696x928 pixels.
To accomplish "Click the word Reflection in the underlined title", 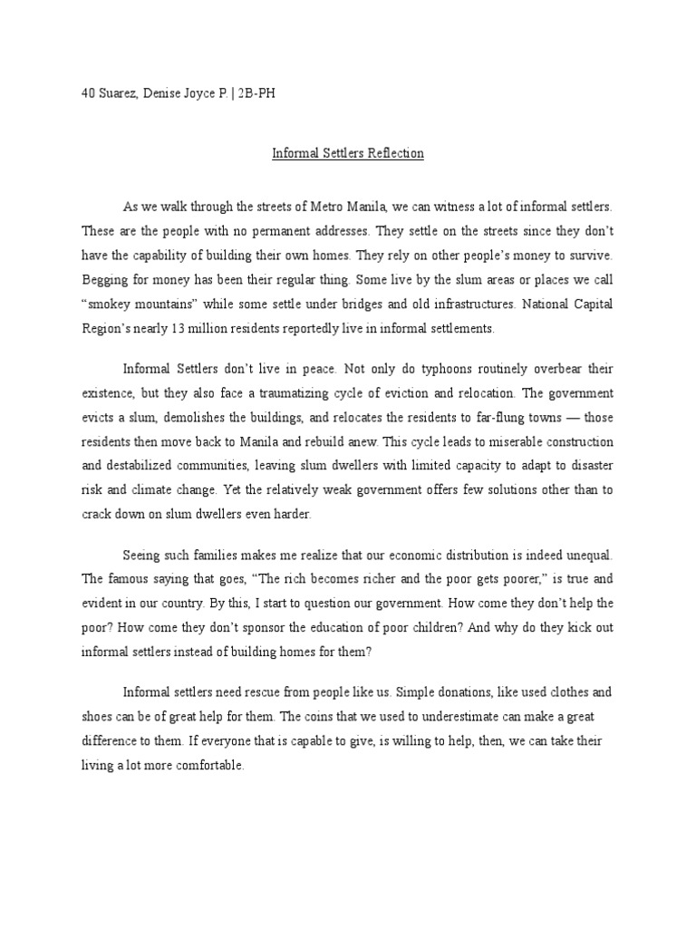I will tap(394, 153).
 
